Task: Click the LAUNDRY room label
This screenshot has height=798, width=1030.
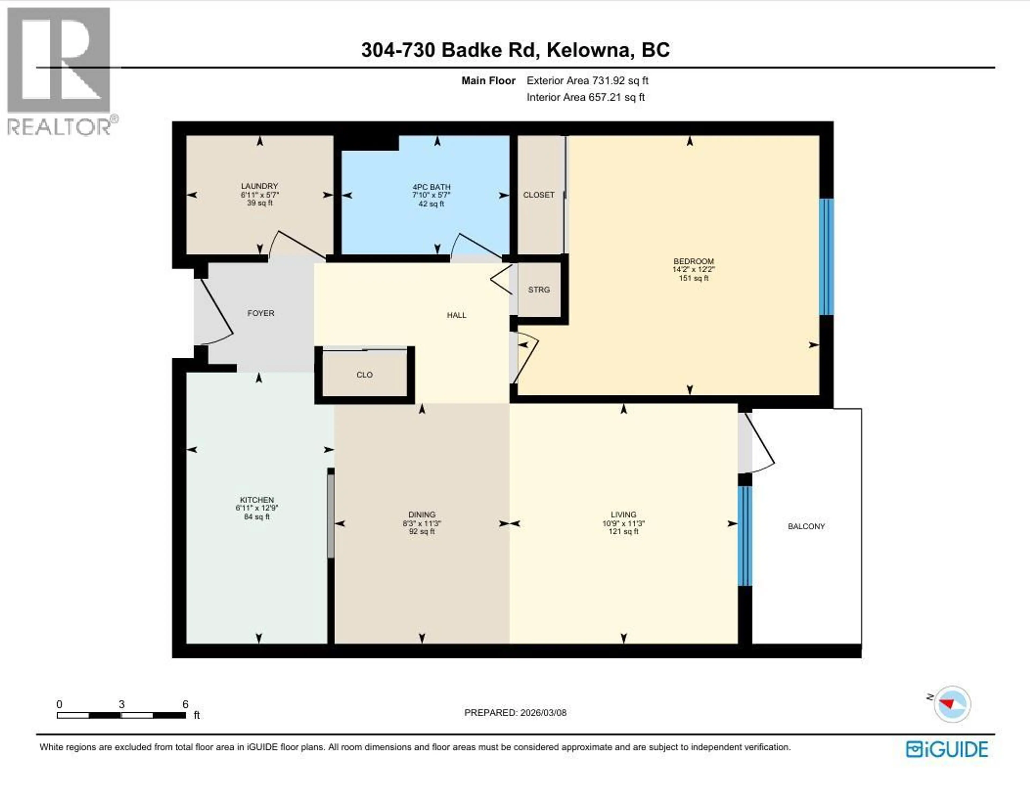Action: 259,186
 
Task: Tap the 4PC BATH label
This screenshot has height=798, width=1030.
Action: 431,187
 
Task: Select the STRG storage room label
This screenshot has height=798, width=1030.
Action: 539,289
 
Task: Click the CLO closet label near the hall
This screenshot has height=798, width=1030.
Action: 364,375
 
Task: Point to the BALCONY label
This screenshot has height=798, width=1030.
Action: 806,526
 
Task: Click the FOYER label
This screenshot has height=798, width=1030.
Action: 260,313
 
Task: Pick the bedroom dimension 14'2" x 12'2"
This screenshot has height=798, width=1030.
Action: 693,269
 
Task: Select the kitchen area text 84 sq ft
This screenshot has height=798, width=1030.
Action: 256,517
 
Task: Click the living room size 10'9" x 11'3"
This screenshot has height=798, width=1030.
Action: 623,523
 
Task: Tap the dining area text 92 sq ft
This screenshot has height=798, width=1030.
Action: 422,531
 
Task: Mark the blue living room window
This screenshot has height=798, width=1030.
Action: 744,536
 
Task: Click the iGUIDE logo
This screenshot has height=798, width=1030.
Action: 947,749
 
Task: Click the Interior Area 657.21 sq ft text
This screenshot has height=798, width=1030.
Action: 585,97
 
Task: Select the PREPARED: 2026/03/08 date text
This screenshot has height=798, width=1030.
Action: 515,712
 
